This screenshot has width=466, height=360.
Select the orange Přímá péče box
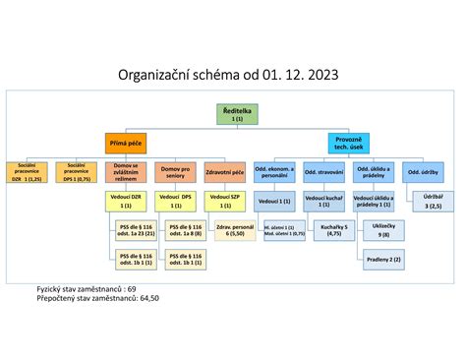[x=127, y=143]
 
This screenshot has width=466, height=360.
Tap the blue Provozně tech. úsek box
[x=349, y=143]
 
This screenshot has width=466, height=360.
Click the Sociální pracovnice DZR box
[x=28, y=173]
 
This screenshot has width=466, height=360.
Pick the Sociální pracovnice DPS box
[x=77, y=173]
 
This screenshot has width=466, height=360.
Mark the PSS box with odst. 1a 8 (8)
[x=183, y=232]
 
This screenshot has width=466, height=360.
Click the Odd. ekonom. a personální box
[x=275, y=173]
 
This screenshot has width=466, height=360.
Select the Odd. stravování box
[x=324, y=173]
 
